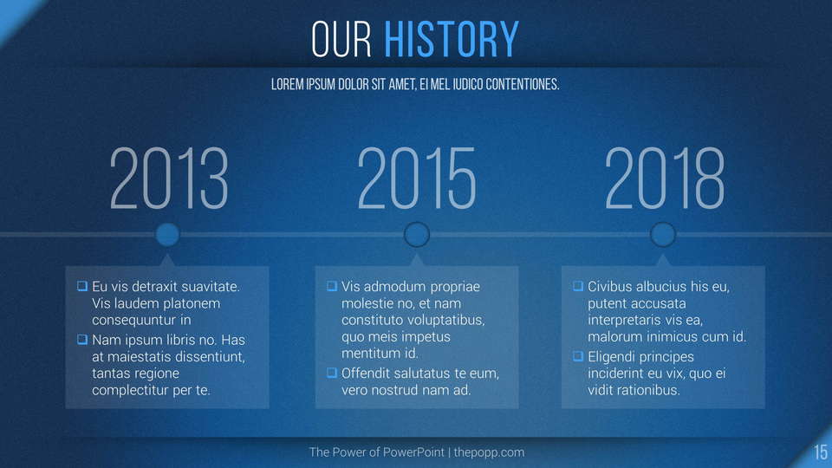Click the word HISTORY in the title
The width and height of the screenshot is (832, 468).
(x=451, y=39)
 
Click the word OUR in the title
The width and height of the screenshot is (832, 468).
(x=341, y=39)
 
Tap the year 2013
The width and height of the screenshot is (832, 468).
(x=169, y=178)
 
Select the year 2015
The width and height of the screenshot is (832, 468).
(x=417, y=178)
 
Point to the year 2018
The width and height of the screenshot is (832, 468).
(x=665, y=178)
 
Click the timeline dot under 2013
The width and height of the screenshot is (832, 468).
(x=167, y=235)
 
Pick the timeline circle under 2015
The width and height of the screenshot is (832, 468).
(x=417, y=235)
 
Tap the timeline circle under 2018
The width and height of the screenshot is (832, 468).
(x=663, y=235)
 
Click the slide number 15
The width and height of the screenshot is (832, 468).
(x=821, y=452)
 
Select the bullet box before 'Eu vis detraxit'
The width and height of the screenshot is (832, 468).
(x=82, y=286)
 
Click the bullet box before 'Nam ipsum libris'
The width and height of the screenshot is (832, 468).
(x=82, y=339)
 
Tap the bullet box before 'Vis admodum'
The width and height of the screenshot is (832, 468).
(x=332, y=286)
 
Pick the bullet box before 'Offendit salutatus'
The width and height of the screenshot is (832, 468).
(x=332, y=373)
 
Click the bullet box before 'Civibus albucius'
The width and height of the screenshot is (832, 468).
(x=578, y=286)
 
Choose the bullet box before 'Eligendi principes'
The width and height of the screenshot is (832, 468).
(x=578, y=356)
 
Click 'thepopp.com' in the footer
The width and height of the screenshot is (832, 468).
(x=489, y=452)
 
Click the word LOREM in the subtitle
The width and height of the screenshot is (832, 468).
(x=287, y=84)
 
